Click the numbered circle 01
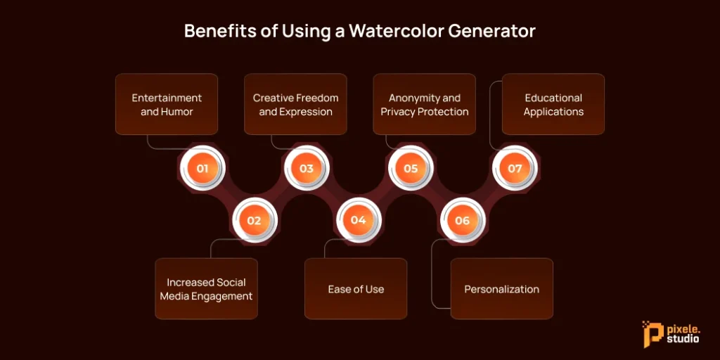pyautogui.click(x=202, y=169)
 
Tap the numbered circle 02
pyautogui.click(x=254, y=220)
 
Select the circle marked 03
pyautogui.click(x=307, y=169)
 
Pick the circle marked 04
pyautogui.click(x=358, y=220)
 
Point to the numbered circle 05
pyautogui.click(x=411, y=169)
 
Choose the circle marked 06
pyautogui.click(x=462, y=220)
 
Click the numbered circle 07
pyautogui.click(x=515, y=169)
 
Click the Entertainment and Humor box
pyautogui.click(x=167, y=104)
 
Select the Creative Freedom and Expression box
pyautogui.click(x=295, y=104)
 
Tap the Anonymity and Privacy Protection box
pyautogui.click(x=424, y=104)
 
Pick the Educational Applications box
pyautogui.click(x=553, y=104)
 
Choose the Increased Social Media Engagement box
pyautogui.click(x=206, y=289)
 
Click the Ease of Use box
pyautogui.click(x=356, y=289)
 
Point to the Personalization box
pyautogui.click(x=502, y=289)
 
